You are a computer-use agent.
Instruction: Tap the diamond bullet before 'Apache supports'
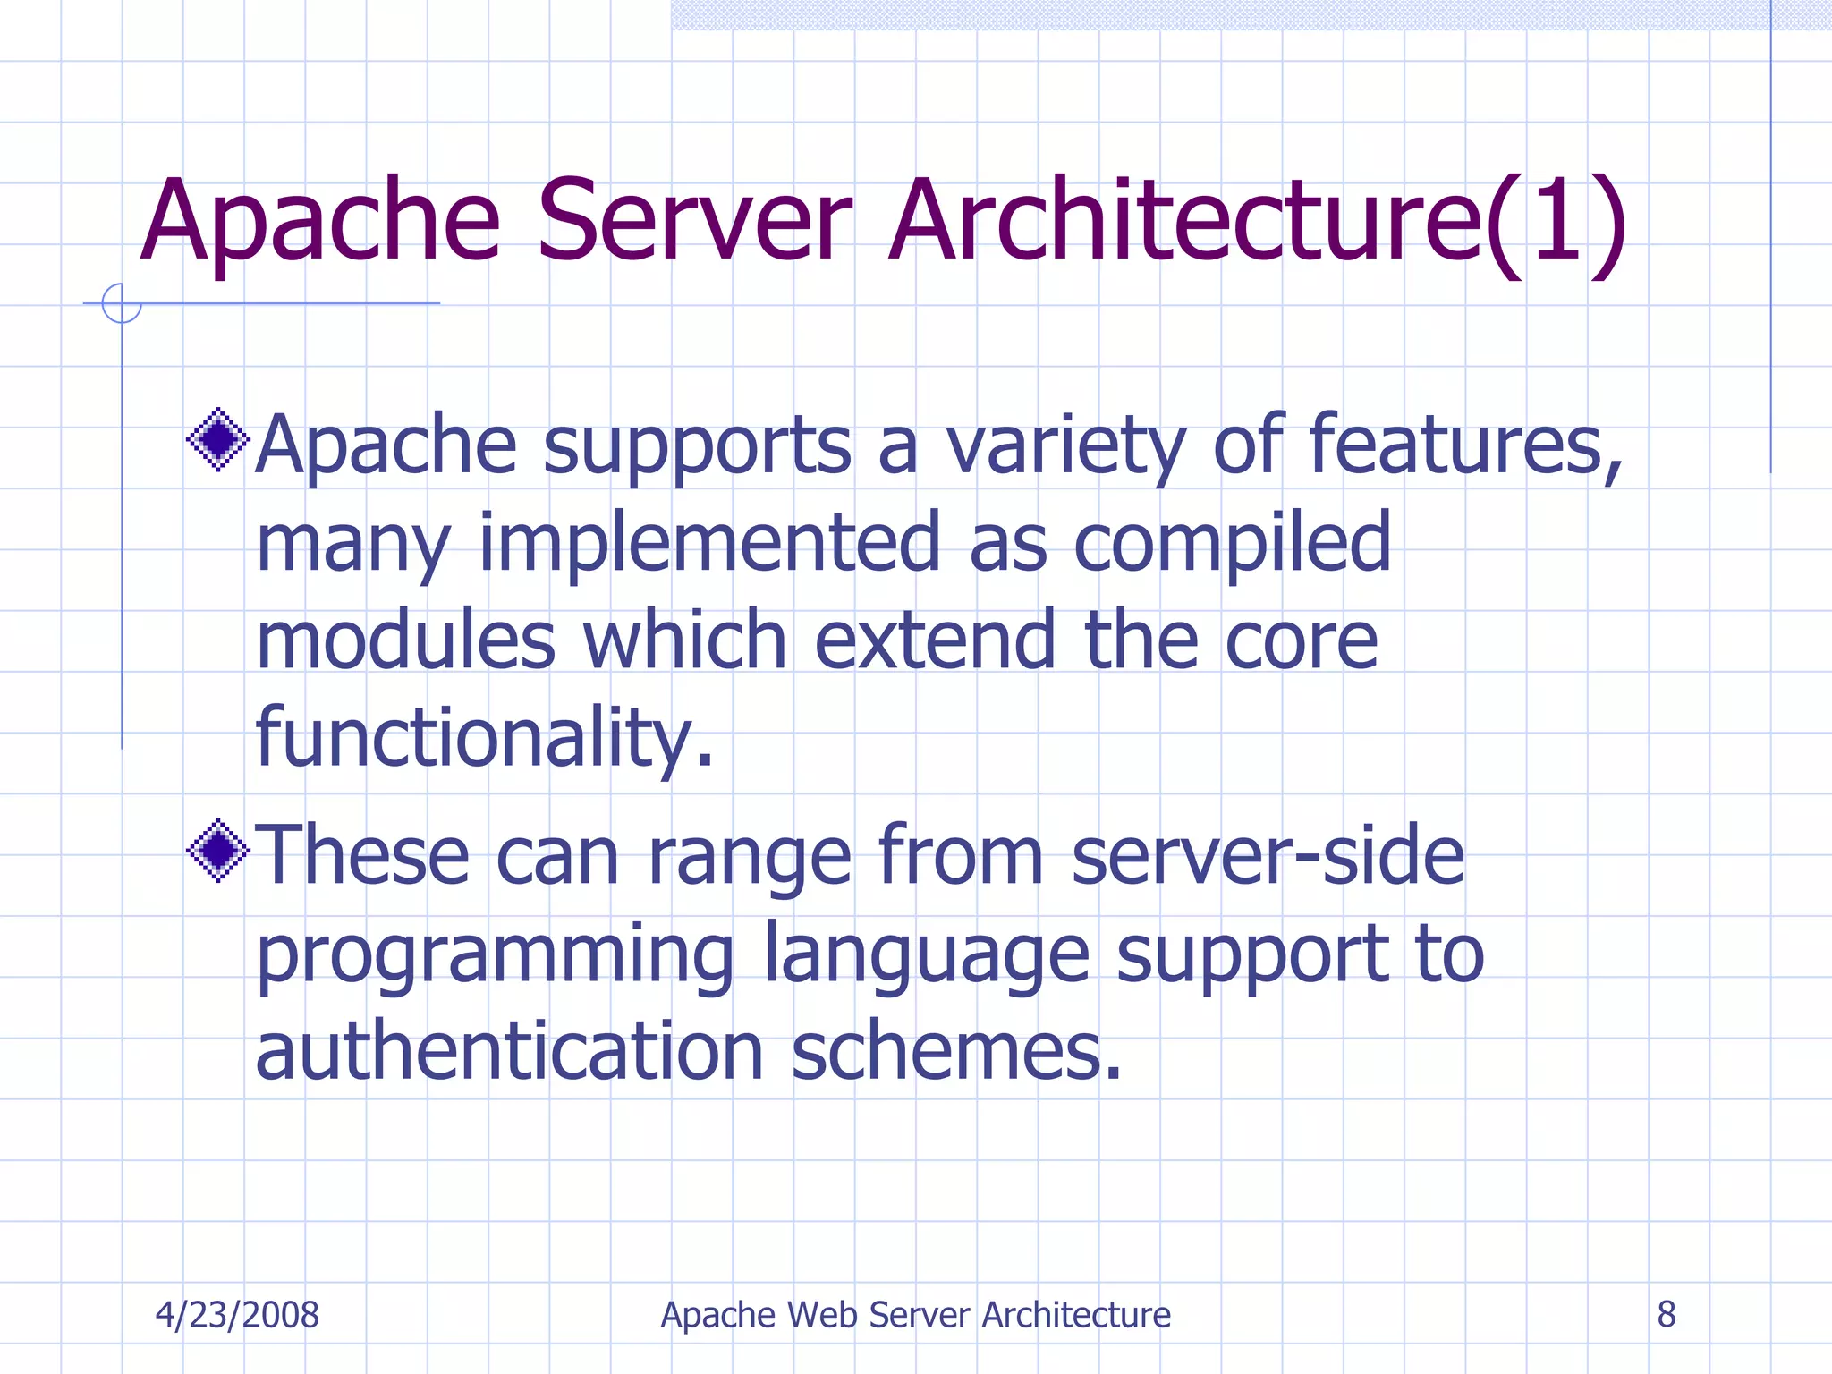point(217,439)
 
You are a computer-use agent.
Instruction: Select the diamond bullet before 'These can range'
point(217,851)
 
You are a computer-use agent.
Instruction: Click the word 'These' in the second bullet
point(363,856)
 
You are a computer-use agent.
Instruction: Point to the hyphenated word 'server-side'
point(1268,856)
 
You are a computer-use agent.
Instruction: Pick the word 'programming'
point(495,955)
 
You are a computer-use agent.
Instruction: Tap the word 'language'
point(926,955)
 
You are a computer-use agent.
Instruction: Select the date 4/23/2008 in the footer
point(237,1315)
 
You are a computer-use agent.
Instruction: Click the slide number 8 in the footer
point(1666,1315)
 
